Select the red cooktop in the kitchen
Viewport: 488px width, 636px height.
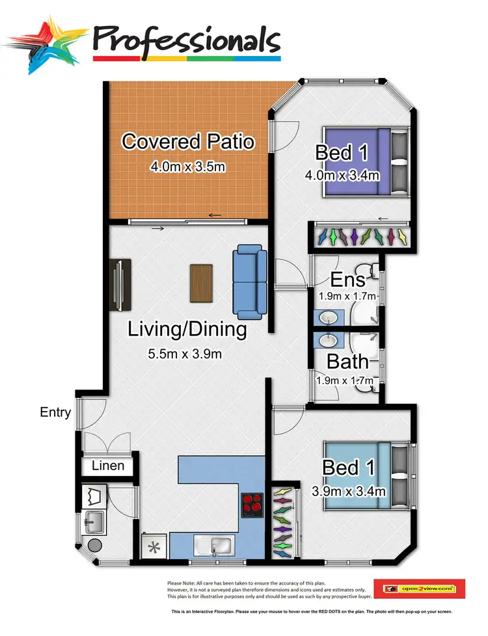click(252, 504)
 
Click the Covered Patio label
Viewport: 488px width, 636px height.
click(188, 141)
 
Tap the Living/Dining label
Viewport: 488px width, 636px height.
click(187, 330)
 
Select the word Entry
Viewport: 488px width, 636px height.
click(55, 412)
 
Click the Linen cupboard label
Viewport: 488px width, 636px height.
click(107, 466)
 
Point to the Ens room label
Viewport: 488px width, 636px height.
click(347, 280)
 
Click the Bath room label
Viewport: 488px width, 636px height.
click(347, 361)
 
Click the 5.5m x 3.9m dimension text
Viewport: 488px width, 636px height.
click(185, 354)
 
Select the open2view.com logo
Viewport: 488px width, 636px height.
click(419, 589)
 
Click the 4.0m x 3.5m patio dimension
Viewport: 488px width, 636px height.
click(188, 166)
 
